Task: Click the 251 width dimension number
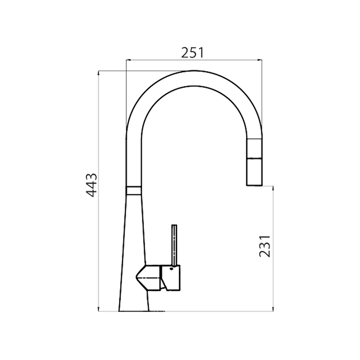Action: click(192, 53)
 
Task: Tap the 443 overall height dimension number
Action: click(92, 185)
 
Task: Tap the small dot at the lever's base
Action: click(171, 268)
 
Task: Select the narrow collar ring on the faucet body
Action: click(134, 190)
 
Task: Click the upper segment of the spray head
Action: click(254, 147)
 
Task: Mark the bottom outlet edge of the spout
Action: click(254, 185)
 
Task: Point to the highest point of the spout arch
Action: click(194, 71)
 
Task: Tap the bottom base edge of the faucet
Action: click(134, 311)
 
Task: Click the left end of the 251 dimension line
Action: click(126, 60)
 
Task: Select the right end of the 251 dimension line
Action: click(262, 60)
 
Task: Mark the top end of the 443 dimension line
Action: click(99, 71)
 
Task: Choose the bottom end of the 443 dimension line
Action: click(99, 311)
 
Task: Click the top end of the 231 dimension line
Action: click(273, 186)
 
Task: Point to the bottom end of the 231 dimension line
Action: click(273, 311)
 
